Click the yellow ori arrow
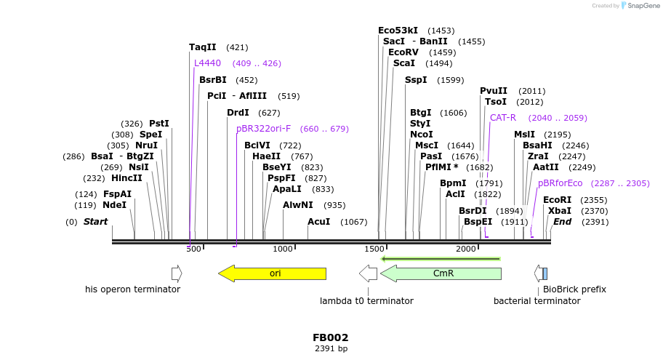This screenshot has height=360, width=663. [273, 273]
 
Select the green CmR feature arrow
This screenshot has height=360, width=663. [441, 273]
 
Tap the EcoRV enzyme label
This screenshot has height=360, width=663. [403, 52]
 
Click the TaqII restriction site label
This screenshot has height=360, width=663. [203, 47]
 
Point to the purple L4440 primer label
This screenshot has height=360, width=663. [207, 63]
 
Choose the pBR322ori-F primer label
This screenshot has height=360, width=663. [263, 129]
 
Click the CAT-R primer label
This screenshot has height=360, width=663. [502, 117]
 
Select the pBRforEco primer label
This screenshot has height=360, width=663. [560, 183]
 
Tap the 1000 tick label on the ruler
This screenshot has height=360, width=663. [282, 249]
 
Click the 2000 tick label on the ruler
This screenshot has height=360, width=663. [466, 249]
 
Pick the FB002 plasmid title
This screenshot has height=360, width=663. [331, 337]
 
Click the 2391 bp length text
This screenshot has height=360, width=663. [331, 349]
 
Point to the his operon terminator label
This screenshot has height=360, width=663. [132, 289]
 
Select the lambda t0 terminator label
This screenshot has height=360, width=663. [366, 300]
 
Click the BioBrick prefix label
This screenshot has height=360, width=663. [574, 289]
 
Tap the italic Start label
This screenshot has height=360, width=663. [95, 222]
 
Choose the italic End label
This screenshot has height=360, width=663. [562, 222]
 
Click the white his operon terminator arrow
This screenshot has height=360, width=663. [176, 273]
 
